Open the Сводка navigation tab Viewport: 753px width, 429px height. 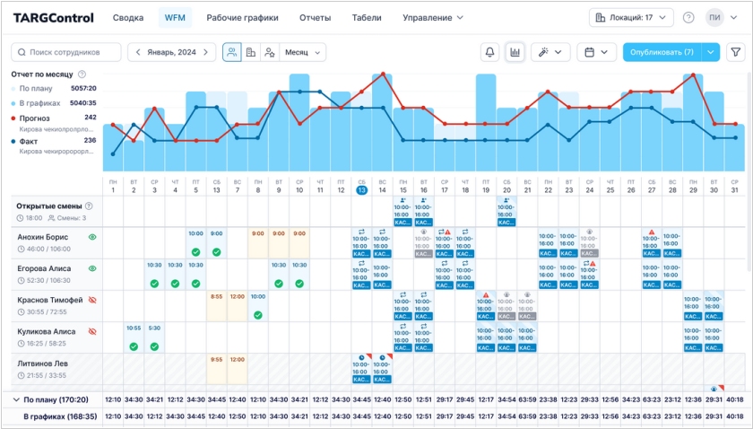128,17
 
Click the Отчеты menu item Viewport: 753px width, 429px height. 315,17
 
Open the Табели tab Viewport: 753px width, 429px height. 367,17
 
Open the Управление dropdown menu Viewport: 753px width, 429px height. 432,17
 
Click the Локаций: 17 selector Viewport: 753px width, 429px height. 632,17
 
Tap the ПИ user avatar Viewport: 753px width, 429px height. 714,17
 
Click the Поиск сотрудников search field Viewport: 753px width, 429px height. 67,52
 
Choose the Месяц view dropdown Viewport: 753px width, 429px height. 303,52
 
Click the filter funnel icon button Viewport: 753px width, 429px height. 735,52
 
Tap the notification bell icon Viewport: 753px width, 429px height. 490,52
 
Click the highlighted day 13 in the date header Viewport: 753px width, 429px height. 361,189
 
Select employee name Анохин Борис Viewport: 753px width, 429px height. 42,237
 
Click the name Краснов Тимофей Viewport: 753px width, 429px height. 49,300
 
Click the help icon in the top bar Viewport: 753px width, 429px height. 688,17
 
